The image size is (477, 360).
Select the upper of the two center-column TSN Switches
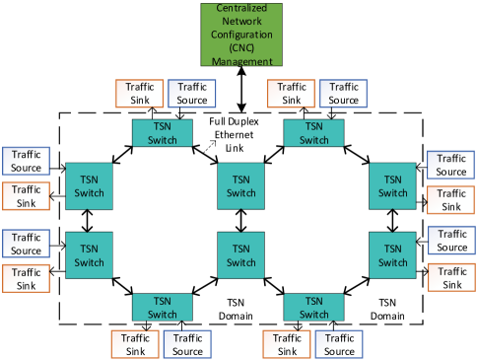coord(241,185)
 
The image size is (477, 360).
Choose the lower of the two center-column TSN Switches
coord(241,255)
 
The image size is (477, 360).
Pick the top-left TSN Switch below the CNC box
coord(162,132)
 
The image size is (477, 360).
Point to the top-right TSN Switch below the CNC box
coord(313,132)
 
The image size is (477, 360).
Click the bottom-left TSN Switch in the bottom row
coord(162,308)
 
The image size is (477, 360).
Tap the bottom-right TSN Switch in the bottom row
coord(313,308)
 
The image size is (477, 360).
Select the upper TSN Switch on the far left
coord(90,185)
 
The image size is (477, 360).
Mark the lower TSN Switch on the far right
coord(393,255)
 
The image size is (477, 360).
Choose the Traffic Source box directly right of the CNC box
coord(343,93)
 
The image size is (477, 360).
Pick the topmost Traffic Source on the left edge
coord(27,162)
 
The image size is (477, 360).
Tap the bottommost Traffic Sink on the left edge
coord(27,279)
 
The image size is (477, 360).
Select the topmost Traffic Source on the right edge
coord(451,165)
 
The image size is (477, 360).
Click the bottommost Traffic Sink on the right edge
coord(451,277)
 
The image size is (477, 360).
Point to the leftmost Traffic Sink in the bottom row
coord(135,344)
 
